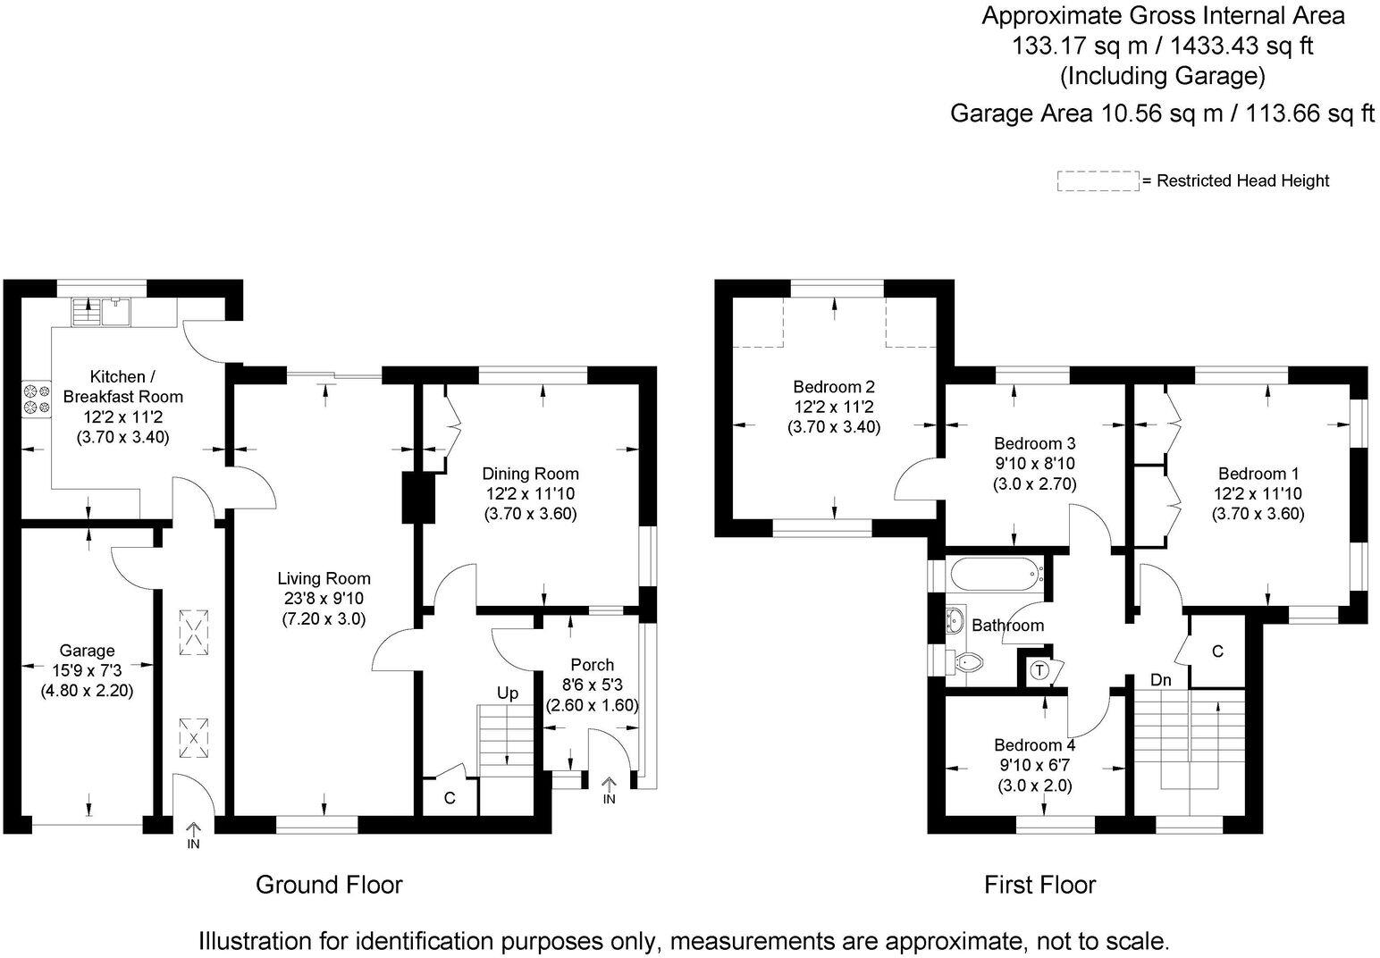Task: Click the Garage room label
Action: tap(87, 651)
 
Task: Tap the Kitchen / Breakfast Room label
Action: tap(122, 387)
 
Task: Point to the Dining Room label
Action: tap(530, 474)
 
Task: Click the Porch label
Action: tap(592, 665)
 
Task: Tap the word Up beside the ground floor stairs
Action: tap(508, 693)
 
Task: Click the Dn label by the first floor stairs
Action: tap(1160, 680)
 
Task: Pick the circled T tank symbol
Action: tap(1039, 669)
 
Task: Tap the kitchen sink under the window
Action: tap(117, 312)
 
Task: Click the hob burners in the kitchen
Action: tap(37, 399)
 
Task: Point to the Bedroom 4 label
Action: tap(1034, 745)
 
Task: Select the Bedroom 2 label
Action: tap(833, 387)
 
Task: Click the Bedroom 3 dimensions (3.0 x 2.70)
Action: tap(1034, 484)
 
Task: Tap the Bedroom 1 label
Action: tap(1258, 474)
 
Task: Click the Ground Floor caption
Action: tap(329, 885)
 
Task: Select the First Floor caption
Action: tap(1039, 885)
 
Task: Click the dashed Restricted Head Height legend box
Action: tap(1098, 181)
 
